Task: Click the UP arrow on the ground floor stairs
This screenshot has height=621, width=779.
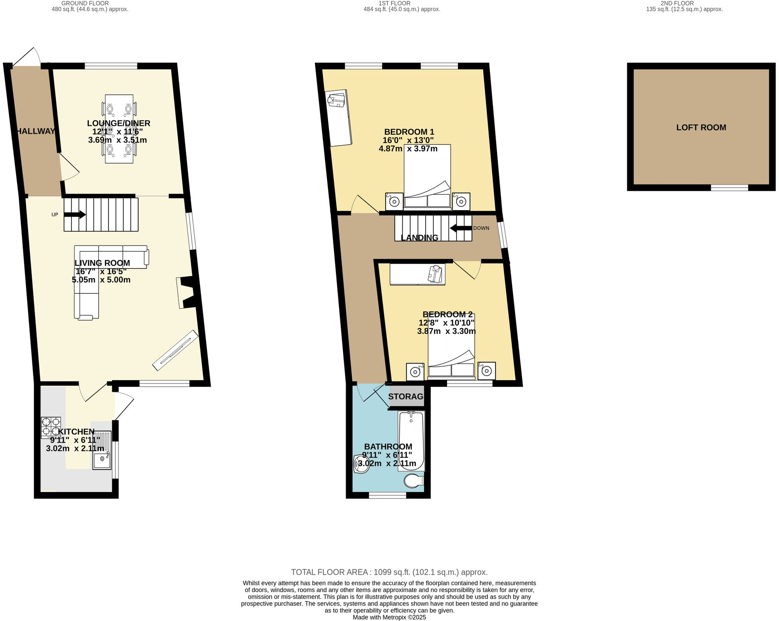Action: [x=75, y=214]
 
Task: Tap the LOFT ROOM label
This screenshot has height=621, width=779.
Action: [x=701, y=128]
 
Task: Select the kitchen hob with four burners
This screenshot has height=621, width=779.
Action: [x=51, y=428]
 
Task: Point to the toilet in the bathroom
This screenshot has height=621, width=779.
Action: [x=413, y=481]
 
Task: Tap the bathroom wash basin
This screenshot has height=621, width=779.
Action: [x=361, y=464]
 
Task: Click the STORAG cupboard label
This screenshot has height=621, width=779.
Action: [x=406, y=396]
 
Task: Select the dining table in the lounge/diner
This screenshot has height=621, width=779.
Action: [x=119, y=129]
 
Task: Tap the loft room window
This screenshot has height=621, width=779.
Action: [x=729, y=188]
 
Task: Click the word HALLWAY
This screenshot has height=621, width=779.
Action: [x=36, y=131]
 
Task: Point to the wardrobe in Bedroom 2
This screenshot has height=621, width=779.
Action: [x=417, y=274]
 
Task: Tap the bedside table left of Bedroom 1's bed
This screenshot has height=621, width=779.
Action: [x=394, y=202]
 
